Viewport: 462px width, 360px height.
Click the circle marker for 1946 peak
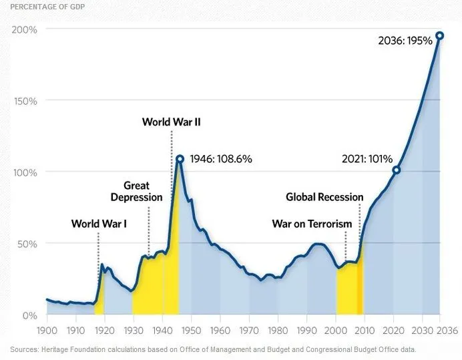point(180,159)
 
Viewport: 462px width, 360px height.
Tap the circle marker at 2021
point(396,170)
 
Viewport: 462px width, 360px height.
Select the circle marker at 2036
point(439,35)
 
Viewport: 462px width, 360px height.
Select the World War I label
point(99,224)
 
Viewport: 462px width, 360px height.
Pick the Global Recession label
point(324,197)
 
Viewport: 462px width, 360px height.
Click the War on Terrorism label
point(312,224)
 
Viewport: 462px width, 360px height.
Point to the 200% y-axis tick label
point(23,30)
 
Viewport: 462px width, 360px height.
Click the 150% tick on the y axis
point(24,101)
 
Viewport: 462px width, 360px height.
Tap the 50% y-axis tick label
point(26,244)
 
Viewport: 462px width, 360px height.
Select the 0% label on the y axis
point(29,315)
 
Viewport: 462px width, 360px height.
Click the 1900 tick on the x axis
point(47,331)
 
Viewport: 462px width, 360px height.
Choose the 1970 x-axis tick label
point(248,331)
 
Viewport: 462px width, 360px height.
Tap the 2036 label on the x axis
point(441,331)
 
